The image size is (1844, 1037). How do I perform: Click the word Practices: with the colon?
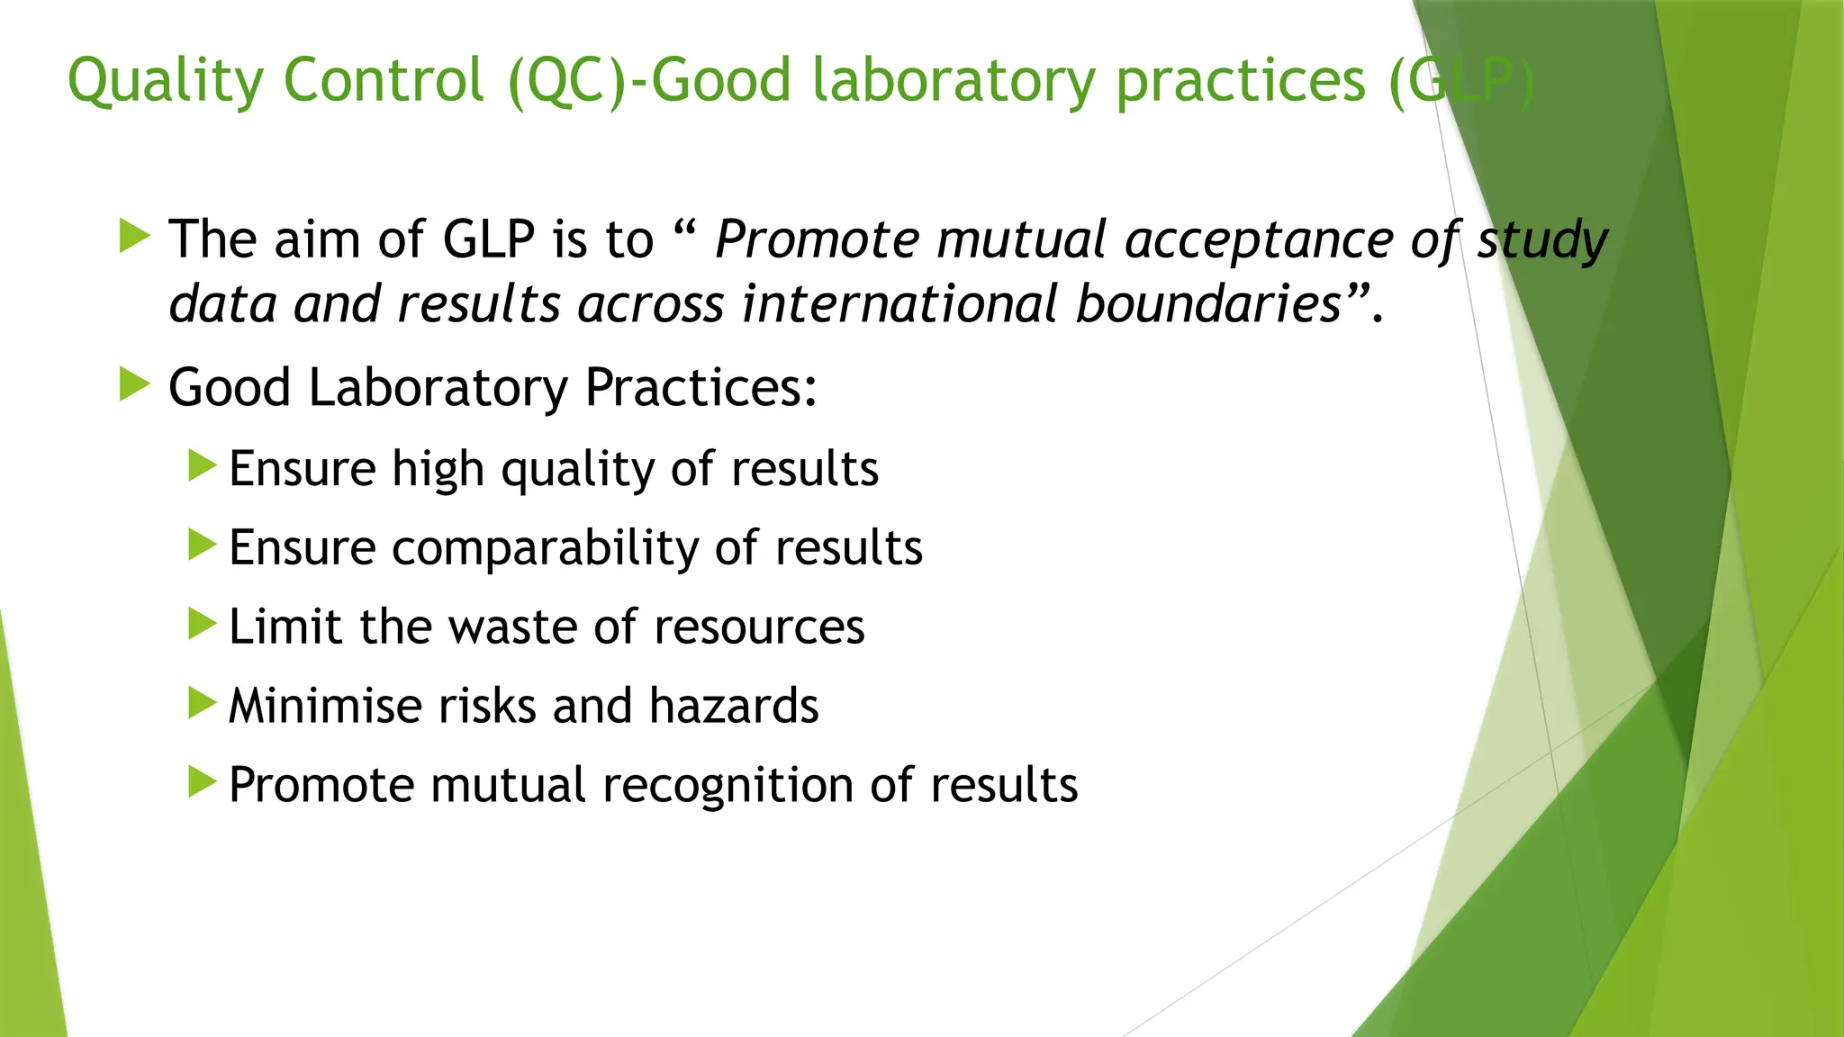tap(701, 388)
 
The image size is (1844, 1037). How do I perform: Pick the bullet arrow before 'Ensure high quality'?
tap(202, 466)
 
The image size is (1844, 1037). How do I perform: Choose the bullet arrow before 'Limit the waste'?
tap(202, 624)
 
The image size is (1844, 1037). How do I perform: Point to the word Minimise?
tap(324, 705)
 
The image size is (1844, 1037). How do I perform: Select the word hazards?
tap(734, 705)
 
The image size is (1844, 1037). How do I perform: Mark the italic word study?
tap(1541, 240)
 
